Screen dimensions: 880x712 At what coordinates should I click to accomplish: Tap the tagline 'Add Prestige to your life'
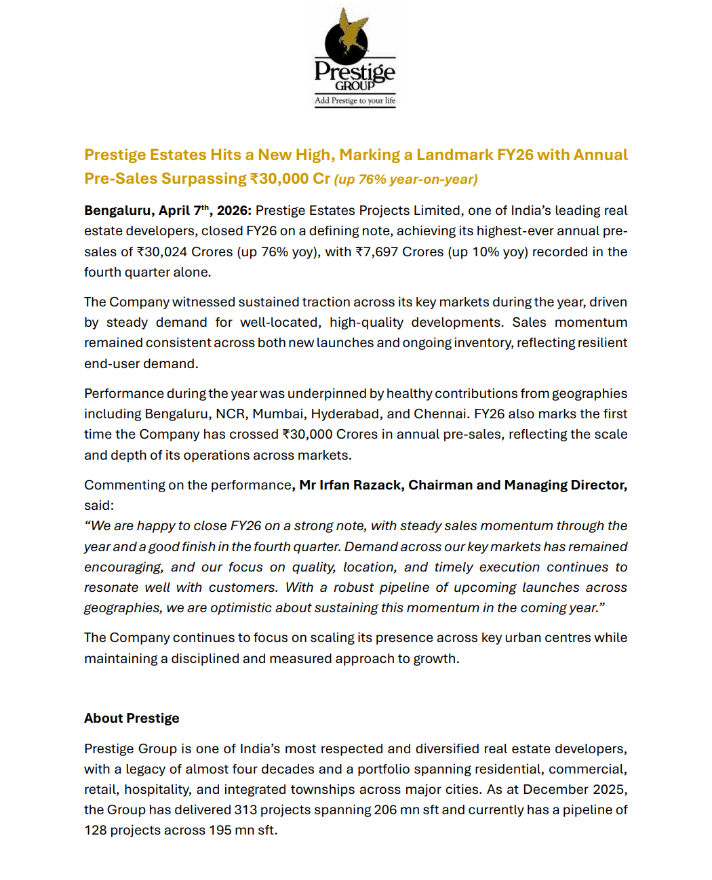(355, 101)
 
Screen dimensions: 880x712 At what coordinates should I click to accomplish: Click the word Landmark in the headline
(454, 155)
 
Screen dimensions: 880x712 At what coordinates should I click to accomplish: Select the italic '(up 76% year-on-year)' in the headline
(406, 180)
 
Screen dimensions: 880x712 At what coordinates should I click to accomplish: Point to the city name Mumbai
(278, 414)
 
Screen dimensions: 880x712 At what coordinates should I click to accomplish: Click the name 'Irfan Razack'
(360, 485)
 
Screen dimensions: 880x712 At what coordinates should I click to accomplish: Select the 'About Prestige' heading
(132, 719)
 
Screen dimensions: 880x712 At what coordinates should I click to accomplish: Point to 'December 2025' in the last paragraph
(574, 790)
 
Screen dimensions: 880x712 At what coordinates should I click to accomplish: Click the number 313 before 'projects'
(245, 810)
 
